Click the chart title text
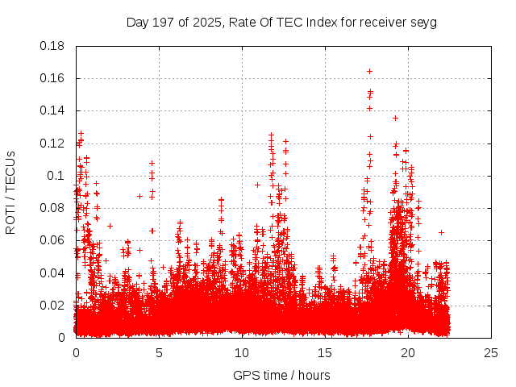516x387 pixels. tap(281, 22)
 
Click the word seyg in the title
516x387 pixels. tap(422, 22)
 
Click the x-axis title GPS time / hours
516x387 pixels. tap(281, 375)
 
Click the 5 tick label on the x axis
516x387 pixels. tap(159, 352)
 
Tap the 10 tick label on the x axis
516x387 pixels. tap(242, 352)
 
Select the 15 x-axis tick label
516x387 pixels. tap(325, 352)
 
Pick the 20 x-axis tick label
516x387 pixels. tap(408, 352)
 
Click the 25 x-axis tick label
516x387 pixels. tap(491, 352)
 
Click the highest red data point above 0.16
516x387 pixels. tap(369, 71)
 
